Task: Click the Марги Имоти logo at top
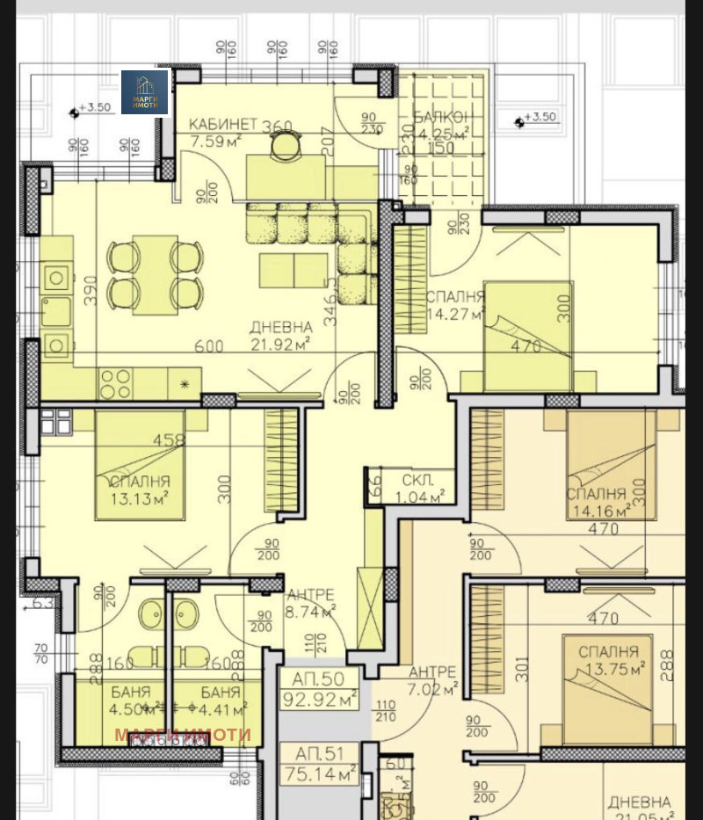[x=144, y=92]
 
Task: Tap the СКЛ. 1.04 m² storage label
[x=421, y=488]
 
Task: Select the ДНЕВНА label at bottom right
[x=638, y=802]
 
